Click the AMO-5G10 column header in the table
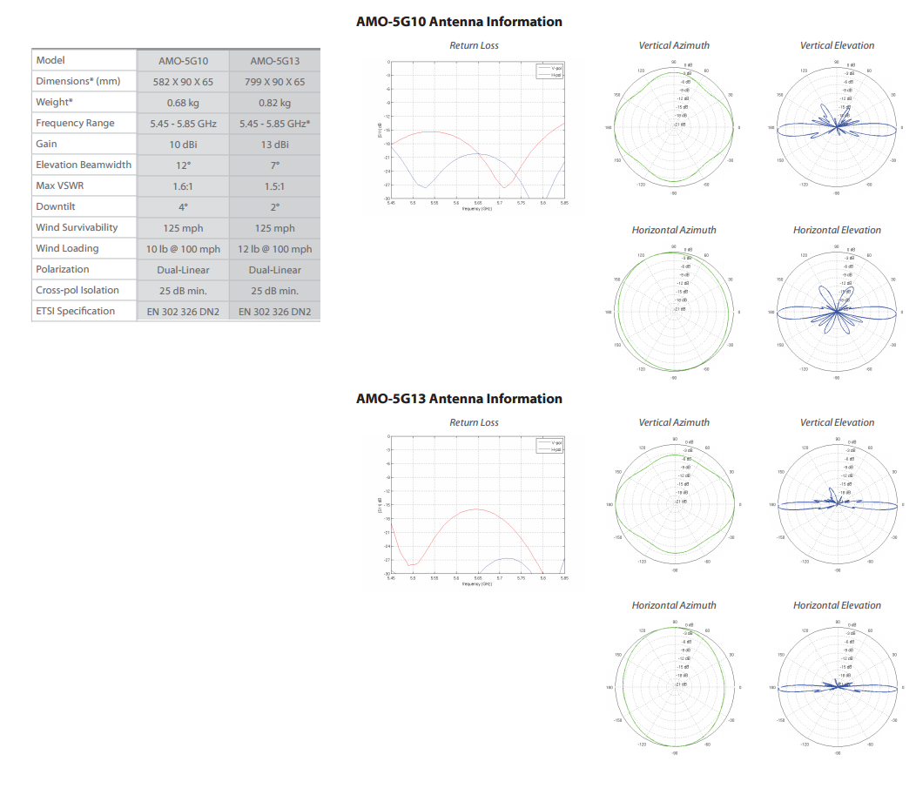tap(183, 61)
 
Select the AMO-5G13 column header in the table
tap(274, 61)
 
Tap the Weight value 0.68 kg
tap(183, 103)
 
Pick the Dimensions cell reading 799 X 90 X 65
tap(274, 82)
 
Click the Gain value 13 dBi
tap(274, 145)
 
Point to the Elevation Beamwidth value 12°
tap(183, 165)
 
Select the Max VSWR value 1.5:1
tap(274, 186)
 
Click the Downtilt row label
tap(56, 206)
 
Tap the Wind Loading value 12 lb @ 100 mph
tap(274, 249)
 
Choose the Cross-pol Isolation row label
tap(77, 290)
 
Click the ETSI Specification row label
tap(75, 311)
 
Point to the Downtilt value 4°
tap(183, 207)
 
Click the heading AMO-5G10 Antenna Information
tap(459, 22)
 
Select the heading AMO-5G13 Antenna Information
tap(459, 399)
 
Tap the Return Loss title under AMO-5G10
tap(474, 45)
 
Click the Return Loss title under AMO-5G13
tap(474, 422)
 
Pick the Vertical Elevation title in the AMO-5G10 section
tap(837, 45)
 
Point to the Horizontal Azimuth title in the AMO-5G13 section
tap(674, 605)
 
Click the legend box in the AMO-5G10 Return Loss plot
tap(550, 72)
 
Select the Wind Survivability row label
tap(77, 227)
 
